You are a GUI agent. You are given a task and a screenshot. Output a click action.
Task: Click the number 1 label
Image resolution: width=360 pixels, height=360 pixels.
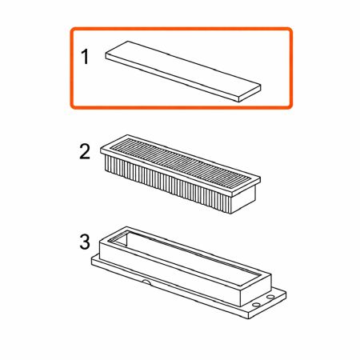click(85, 57)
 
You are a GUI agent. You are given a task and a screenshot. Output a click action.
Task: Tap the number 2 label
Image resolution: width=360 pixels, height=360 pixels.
click(85, 152)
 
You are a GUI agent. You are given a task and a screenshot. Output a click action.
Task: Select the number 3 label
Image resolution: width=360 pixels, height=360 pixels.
click(85, 242)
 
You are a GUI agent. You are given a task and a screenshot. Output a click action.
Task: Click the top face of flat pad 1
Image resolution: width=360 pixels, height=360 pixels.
click(183, 70)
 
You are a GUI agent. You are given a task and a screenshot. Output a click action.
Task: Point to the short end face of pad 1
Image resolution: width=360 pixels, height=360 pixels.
click(250, 94)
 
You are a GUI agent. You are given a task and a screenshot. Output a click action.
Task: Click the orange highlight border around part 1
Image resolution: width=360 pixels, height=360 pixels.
click(182, 28)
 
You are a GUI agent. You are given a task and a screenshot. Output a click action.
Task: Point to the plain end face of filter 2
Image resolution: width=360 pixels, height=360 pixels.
click(243, 199)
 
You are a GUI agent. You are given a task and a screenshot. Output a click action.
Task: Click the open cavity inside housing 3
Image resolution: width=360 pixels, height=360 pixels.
click(186, 256)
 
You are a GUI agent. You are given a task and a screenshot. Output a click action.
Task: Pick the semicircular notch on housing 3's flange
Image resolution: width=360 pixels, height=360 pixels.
click(146, 282)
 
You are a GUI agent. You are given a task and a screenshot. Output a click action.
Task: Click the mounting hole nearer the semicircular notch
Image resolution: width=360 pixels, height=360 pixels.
click(256, 304)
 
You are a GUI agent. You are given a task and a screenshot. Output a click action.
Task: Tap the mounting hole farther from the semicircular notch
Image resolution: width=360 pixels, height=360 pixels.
click(270, 297)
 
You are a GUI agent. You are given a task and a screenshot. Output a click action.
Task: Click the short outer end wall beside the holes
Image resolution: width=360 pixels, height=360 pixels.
click(256, 290)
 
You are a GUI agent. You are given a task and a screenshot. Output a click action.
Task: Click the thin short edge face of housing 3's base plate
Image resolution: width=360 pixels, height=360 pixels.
click(267, 306)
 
